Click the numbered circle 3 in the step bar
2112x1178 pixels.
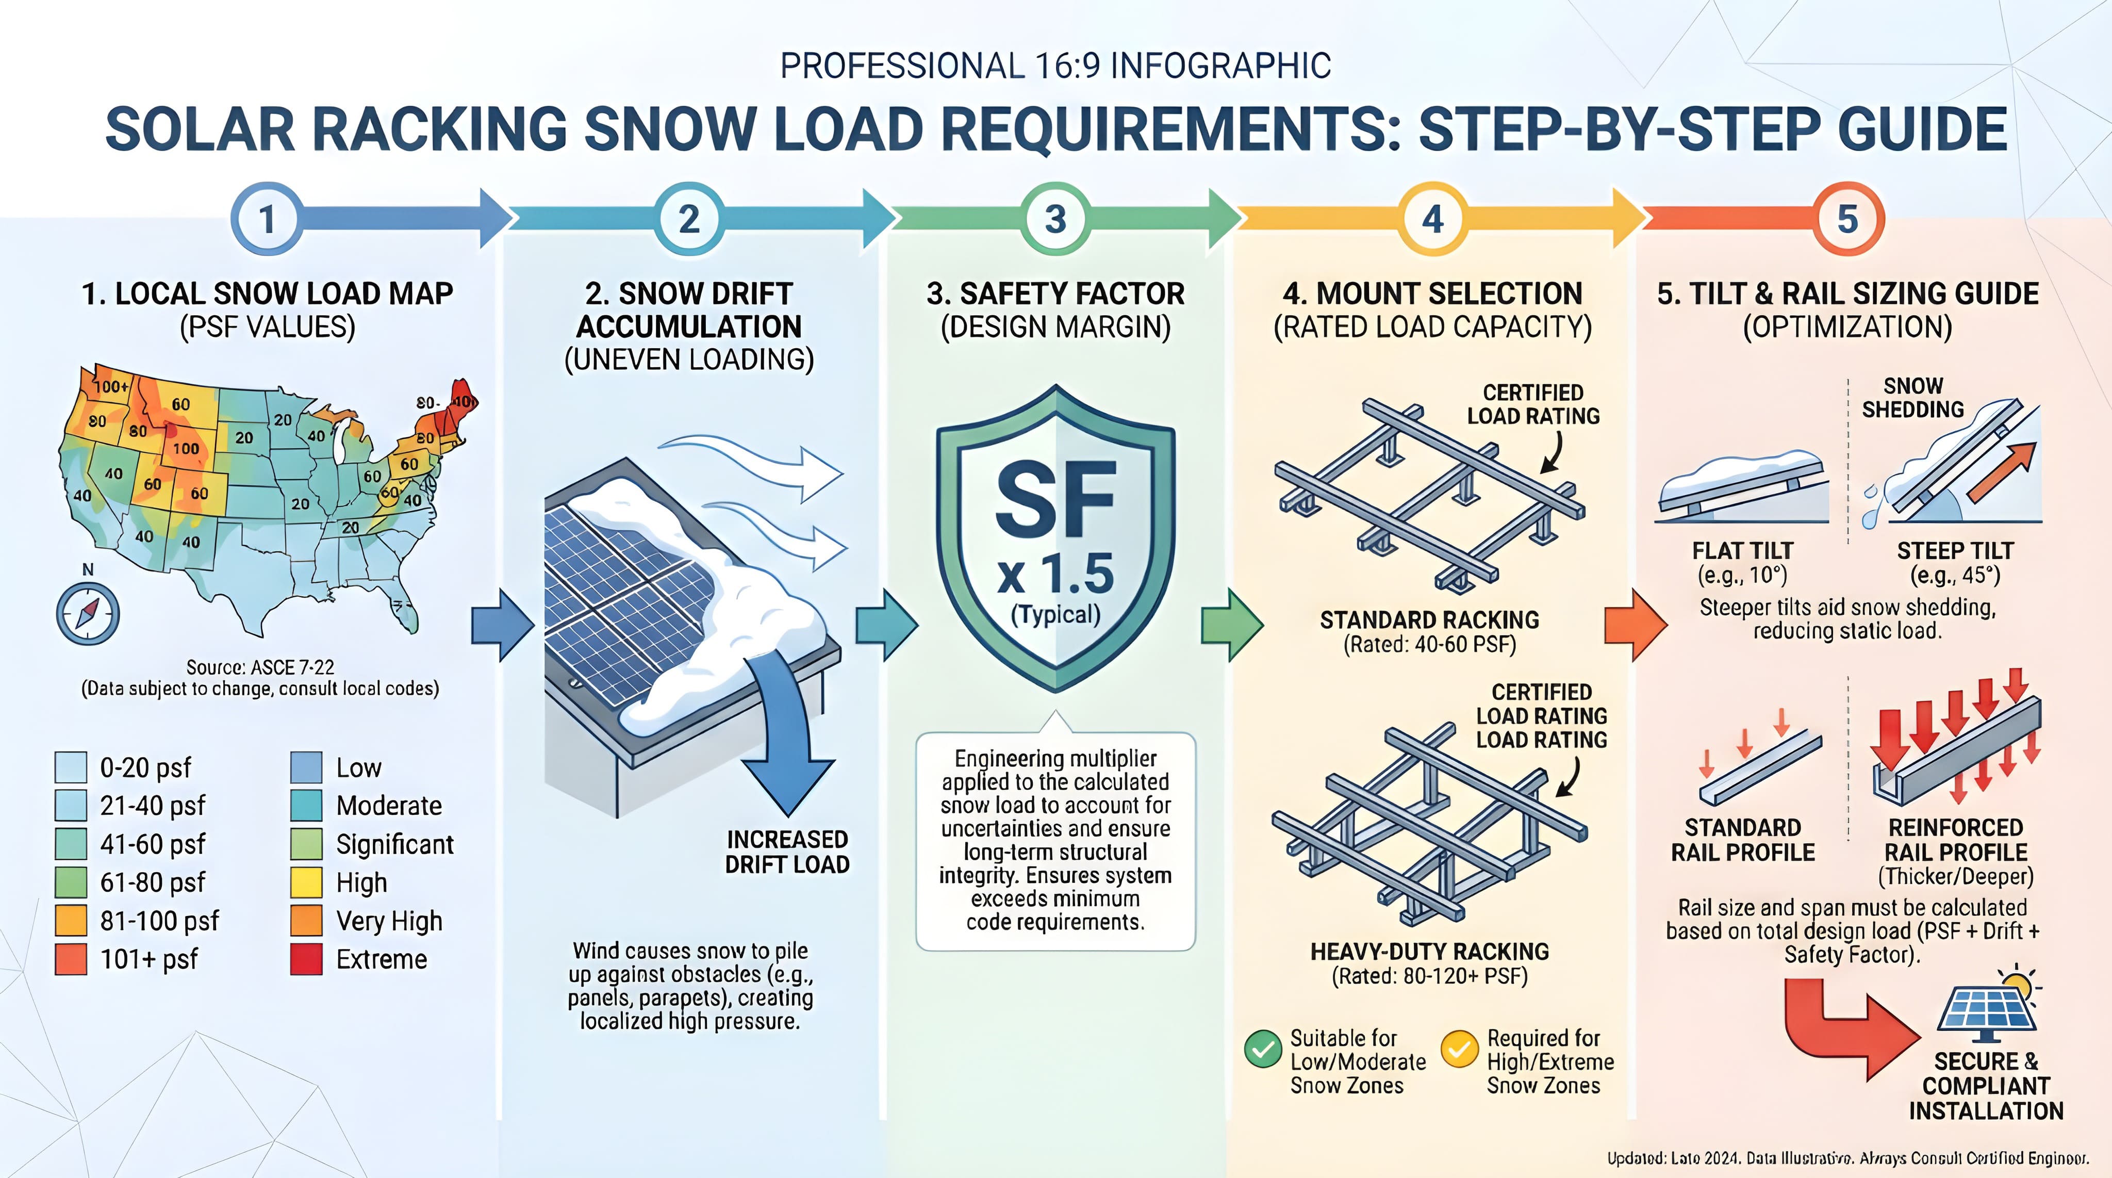pos(1056,219)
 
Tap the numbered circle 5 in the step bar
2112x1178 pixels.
pos(1847,219)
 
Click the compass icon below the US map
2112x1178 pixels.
pos(88,614)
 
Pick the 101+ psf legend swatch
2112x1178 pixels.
pos(71,959)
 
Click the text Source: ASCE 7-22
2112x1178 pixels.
pos(260,667)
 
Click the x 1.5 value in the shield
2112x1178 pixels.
pos(1056,574)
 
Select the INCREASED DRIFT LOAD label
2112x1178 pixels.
pos(787,852)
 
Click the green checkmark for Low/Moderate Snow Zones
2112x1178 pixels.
pos(1263,1049)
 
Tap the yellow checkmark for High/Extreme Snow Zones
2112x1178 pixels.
pos(1459,1049)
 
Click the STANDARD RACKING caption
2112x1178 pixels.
pos(1429,620)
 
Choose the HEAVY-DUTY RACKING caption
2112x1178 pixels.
pos(1429,952)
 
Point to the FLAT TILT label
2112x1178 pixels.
pos(1742,550)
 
